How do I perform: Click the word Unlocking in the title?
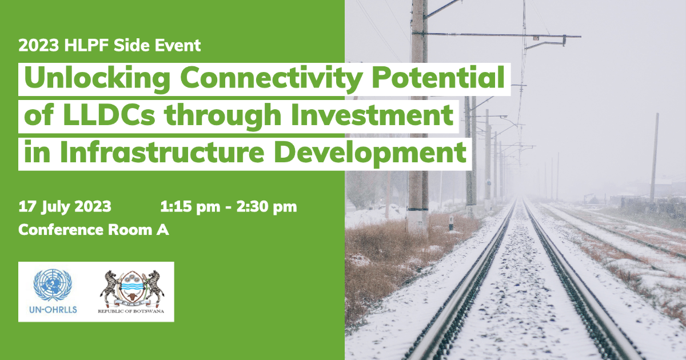click(97, 79)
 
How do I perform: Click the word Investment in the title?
click(372, 115)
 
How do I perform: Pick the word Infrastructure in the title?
click(162, 152)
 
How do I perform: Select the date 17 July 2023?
click(65, 207)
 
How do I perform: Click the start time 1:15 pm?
click(190, 207)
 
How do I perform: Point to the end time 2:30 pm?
click(266, 207)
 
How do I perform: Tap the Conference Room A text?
click(94, 230)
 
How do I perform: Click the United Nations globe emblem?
click(53, 285)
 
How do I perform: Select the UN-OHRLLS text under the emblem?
click(53, 310)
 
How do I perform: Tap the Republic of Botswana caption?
click(131, 311)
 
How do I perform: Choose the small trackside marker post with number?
click(451, 223)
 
